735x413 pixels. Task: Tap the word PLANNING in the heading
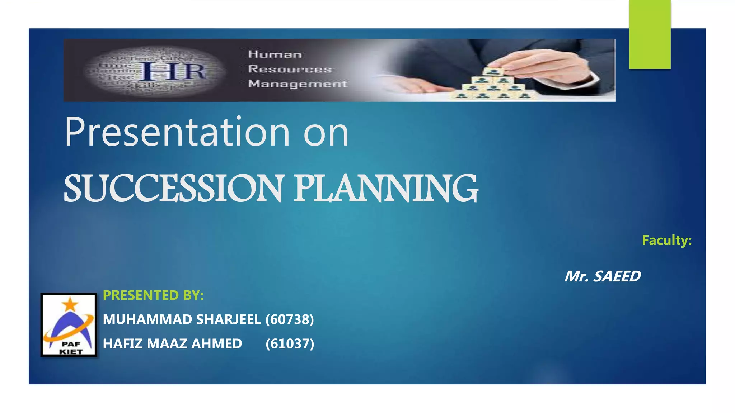point(386,188)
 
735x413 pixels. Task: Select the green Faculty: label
point(666,240)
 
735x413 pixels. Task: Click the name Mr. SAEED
point(603,276)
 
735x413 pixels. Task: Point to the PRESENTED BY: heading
point(153,295)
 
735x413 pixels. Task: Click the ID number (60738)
point(290,319)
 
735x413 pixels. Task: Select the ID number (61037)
point(290,343)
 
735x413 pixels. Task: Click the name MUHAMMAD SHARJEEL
point(182,319)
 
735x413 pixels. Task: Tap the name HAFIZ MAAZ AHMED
point(172,343)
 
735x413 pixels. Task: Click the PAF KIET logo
point(69,325)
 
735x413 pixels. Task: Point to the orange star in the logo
point(70,304)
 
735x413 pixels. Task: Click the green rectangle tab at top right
point(650,34)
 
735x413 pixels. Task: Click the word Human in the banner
point(275,54)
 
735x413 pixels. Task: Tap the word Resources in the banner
point(290,69)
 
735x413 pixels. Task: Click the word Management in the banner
point(298,84)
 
